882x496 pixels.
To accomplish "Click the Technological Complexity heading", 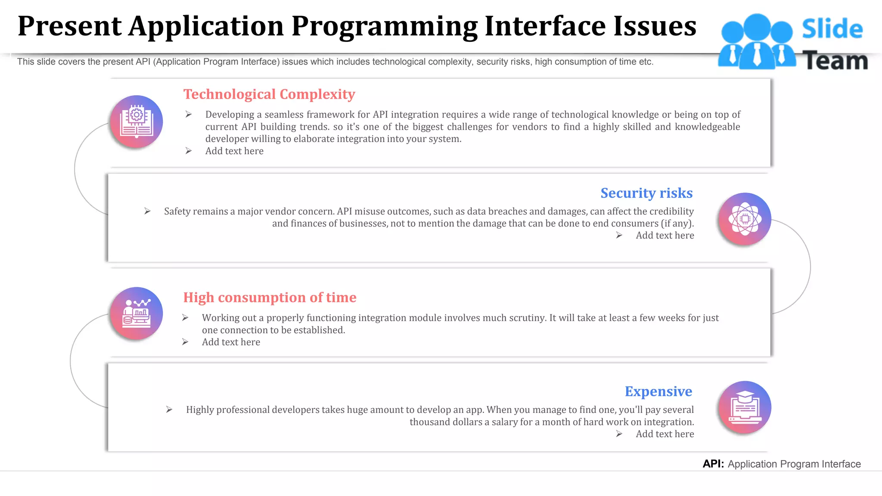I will [x=269, y=94].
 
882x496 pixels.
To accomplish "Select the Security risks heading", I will [x=646, y=193].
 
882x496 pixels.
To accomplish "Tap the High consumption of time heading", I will [x=270, y=298].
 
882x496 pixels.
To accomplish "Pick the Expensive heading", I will [x=658, y=391].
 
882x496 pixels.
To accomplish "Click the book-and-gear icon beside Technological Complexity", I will [x=137, y=122].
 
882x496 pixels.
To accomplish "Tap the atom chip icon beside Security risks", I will [x=745, y=219].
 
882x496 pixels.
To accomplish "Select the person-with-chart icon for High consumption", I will [x=137, y=313].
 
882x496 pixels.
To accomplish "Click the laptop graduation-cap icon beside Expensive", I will [x=745, y=407].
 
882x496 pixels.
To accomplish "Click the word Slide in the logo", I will [x=832, y=29].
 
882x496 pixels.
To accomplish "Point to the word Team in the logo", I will [x=835, y=61].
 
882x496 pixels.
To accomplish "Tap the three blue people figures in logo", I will [x=757, y=42].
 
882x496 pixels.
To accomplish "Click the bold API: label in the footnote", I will [x=713, y=464].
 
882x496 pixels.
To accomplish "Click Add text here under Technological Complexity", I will [x=234, y=151].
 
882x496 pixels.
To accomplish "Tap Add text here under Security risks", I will [x=665, y=236].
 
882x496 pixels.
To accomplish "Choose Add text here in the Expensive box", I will [x=665, y=434].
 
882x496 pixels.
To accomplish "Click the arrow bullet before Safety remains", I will [x=147, y=211].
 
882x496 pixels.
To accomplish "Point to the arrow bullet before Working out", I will [x=185, y=318].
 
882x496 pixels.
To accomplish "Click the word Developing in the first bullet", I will [x=230, y=115].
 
